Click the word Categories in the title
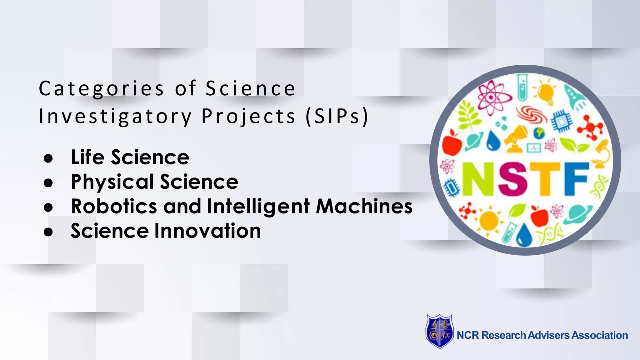[101, 89]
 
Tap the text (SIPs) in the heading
[337, 116]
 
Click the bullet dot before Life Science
[48, 158]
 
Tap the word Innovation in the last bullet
[207, 231]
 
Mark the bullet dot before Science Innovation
[48, 232]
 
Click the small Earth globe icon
[539, 133]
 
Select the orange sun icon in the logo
[489, 221]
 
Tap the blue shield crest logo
[439, 331]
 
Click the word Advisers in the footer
[549, 335]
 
